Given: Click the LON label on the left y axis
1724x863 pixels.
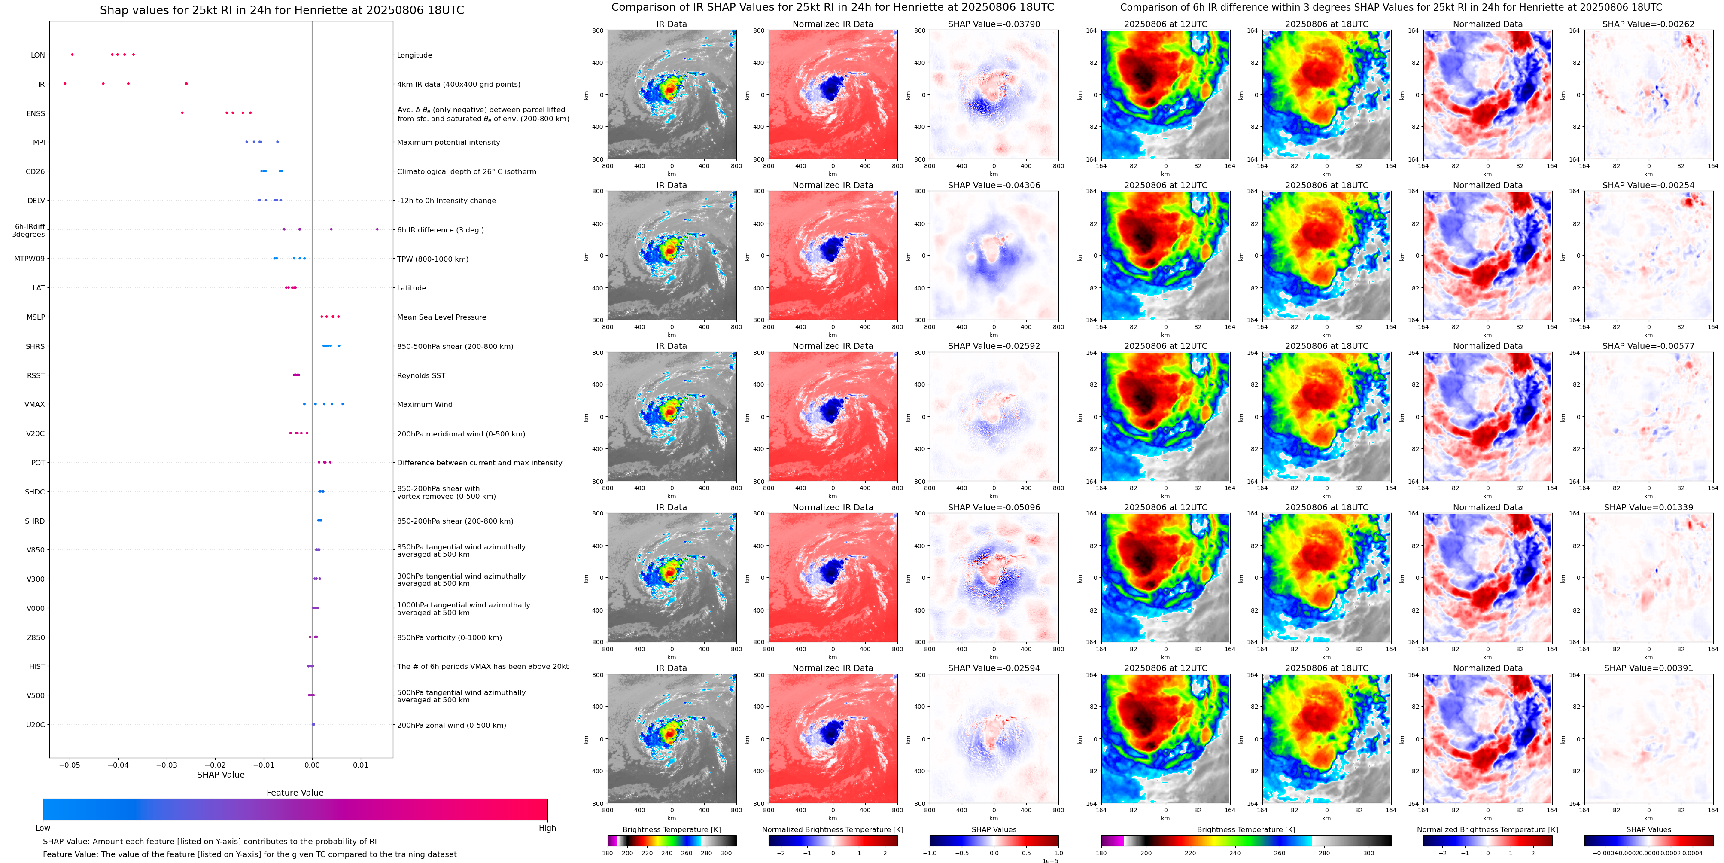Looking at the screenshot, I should pos(38,55).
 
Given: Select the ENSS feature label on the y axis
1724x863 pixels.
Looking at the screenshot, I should pos(36,113).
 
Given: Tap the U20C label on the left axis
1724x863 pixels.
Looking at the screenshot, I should pos(36,724).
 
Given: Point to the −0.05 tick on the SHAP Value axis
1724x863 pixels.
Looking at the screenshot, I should pos(70,765).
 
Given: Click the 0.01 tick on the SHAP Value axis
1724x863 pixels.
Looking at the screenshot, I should pos(361,765).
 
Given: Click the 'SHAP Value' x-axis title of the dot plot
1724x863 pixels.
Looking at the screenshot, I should pos(221,775).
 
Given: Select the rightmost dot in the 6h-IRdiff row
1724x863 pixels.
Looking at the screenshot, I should pos(377,229).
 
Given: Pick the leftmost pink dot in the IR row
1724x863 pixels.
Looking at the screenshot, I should pos(65,84).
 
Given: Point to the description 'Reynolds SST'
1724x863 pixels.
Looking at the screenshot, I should pos(421,375).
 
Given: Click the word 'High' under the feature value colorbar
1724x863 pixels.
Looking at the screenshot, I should pos(547,828).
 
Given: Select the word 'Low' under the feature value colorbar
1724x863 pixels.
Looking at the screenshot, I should pos(43,828).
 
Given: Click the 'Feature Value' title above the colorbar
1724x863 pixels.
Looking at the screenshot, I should pos(295,793).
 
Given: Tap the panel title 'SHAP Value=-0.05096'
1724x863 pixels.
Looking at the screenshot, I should pos(994,507).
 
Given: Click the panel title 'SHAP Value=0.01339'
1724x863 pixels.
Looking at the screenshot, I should pos(1648,507).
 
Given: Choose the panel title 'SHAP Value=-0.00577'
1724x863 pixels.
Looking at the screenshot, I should pos(1648,346).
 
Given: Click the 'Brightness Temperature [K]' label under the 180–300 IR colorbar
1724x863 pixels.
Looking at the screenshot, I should pos(672,829).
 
